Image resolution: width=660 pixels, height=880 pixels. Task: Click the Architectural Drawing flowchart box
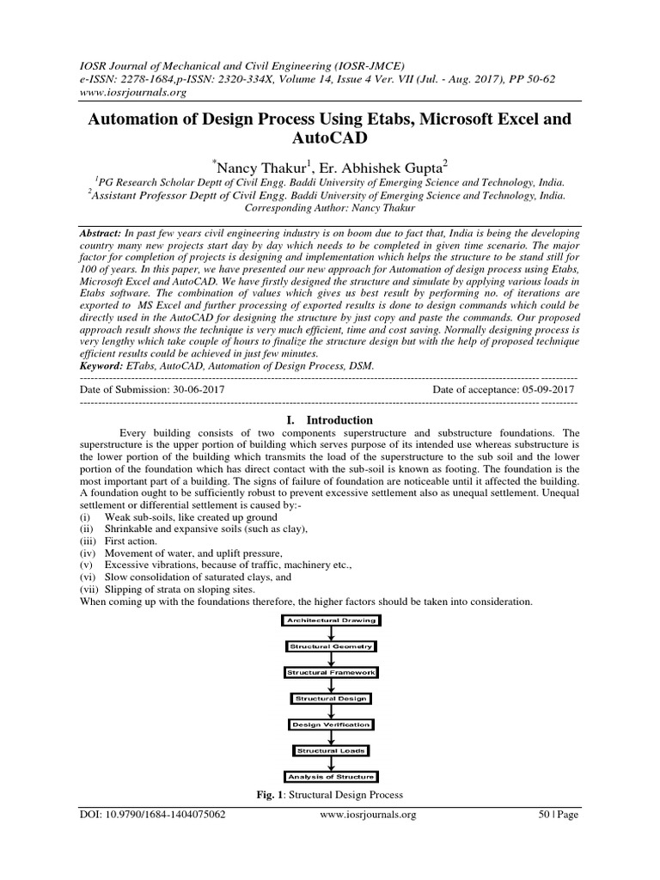point(331,620)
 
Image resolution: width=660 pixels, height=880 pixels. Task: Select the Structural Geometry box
point(331,645)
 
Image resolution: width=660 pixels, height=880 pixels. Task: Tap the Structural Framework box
point(331,672)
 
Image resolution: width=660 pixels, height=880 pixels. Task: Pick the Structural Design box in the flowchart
point(331,699)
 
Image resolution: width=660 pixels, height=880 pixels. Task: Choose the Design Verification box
point(331,724)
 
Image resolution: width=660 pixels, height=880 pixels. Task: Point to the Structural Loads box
point(331,750)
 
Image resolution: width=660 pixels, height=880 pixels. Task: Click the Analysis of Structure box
point(331,777)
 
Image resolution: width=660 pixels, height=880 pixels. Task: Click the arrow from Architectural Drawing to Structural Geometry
point(331,632)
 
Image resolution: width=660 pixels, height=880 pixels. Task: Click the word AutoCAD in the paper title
point(330,137)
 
